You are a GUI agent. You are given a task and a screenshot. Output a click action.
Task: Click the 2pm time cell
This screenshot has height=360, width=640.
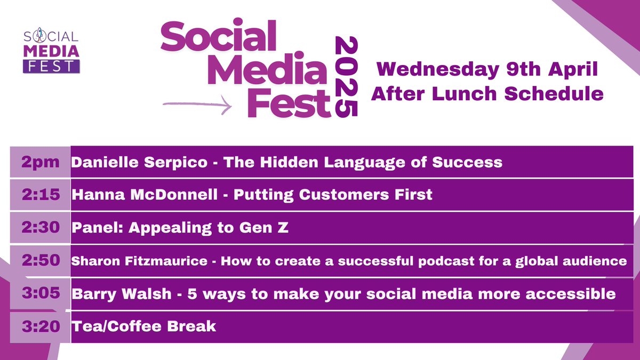[x=40, y=162]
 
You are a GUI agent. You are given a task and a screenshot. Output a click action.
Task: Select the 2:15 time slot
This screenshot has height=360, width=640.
[x=40, y=195]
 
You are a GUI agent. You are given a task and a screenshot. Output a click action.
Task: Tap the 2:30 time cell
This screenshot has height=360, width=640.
[x=40, y=228]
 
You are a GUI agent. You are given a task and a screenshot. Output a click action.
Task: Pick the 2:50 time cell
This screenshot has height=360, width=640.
[x=40, y=261]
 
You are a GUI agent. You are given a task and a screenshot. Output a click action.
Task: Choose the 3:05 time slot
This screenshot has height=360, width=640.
[x=40, y=293]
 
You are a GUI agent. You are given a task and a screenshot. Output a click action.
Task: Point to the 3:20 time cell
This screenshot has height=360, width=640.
[x=40, y=326]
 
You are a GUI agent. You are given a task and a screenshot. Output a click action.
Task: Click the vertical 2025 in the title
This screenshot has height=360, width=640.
[x=344, y=77]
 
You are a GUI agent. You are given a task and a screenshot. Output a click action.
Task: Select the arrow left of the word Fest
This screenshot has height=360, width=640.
[x=197, y=105]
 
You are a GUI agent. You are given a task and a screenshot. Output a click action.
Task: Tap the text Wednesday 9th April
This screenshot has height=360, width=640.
[x=487, y=69]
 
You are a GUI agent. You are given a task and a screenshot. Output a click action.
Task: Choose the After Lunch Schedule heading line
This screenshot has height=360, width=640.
[x=487, y=93]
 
